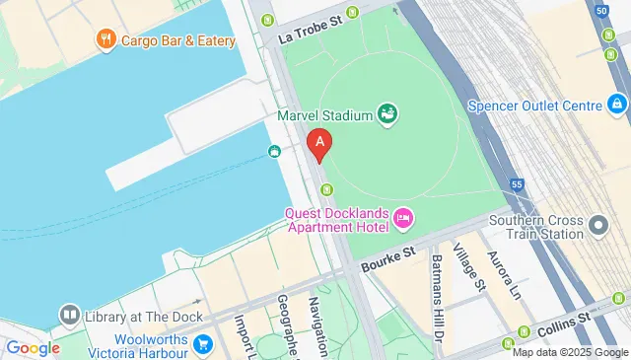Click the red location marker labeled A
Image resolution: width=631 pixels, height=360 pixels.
pyautogui.click(x=318, y=144)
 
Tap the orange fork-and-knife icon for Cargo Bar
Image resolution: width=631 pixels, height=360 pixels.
pyautogui.click(x=105, y=39)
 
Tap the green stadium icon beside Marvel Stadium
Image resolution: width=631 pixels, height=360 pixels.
pyautogui.click(x=388, y=115)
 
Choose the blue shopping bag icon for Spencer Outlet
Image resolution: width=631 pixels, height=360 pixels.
pyautogui.click(x=617, y=104)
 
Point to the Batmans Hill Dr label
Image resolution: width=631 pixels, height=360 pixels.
pyautogui.click(x=438, y=288)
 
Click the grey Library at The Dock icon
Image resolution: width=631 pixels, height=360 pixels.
pyautogui.click(x=68, y=316)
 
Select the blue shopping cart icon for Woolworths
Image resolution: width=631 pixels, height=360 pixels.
pyautogui.click(x=202, y=343)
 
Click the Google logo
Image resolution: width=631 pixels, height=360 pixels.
pyautogui.click(x=33, y=347)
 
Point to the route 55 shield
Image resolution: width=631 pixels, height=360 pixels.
pyautogui.click(x=516, y=183)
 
